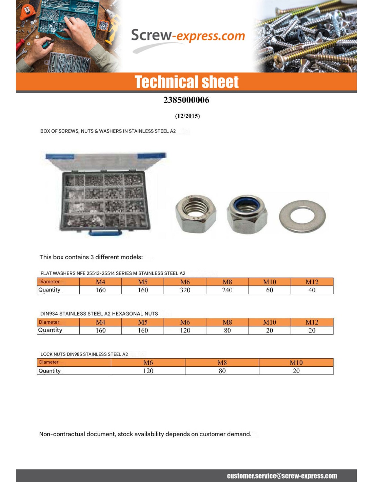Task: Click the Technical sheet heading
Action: click(x=186, y=82)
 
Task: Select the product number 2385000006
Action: click(x=186, y=100)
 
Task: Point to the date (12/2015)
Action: click(x=187, y=116)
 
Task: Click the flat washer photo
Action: click(x=302, y=216)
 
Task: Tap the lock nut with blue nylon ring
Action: click(x=247, y=214)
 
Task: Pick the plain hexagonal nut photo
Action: click(x=195, y=214)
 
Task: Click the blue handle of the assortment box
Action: click(x=105, y=233)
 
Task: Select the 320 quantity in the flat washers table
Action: click(x=185, y=290)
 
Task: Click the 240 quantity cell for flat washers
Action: click(x=227, y=290)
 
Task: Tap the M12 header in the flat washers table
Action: click(x=312, y=282)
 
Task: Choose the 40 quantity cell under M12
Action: click(x=312, y=290)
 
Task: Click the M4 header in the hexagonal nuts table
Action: click(x=100, y=322)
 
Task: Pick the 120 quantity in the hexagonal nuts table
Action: click(x=185, y=330)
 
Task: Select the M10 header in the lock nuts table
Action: click(x=296, y=363)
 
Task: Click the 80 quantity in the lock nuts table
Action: click(x=222, y=371)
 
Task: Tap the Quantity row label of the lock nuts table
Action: click(x=50, y=371)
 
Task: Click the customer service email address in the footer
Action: click(x=282, y=476)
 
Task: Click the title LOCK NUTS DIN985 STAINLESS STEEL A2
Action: click(x=84, y=354)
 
